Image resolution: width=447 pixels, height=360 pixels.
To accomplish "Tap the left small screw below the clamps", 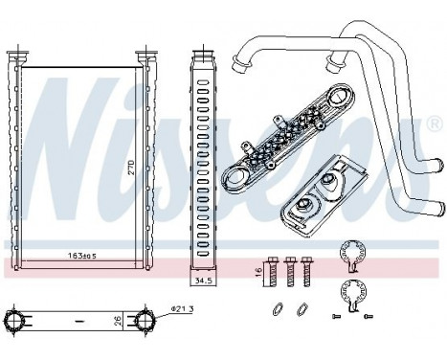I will (335, 317).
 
